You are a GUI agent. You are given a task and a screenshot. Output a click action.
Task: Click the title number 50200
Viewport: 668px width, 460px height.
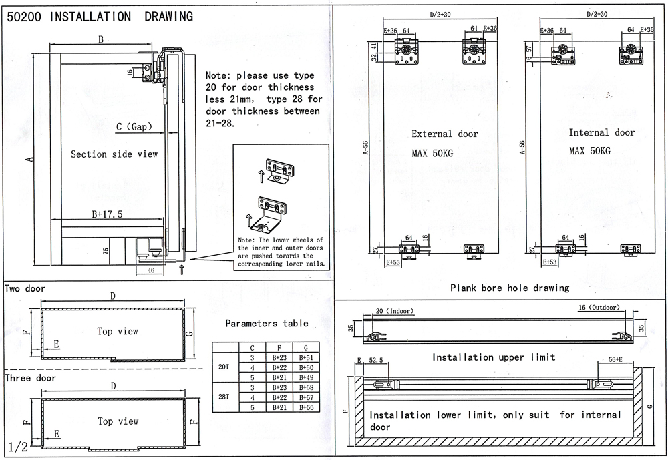[x=24, y=16]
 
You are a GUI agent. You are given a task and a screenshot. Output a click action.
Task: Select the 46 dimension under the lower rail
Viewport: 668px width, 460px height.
[x=151, y=270]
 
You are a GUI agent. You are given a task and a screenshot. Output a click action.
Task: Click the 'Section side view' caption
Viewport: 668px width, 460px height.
[x=114, y=154]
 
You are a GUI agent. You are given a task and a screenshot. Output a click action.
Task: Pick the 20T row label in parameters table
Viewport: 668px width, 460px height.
[x=224, y=367]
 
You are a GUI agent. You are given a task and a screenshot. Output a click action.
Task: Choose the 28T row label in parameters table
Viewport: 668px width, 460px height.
[x=224, y=397]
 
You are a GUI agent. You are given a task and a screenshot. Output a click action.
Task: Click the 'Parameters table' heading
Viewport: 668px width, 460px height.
[x=267, y=323]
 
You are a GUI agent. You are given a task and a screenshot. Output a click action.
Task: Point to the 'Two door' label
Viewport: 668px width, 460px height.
[x=25, y=289]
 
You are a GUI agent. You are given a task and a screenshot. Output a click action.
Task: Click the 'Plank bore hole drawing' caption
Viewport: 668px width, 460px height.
[x=510, y=288]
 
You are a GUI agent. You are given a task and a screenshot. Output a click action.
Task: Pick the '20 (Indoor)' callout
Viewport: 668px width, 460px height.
[x=395, y=310]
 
